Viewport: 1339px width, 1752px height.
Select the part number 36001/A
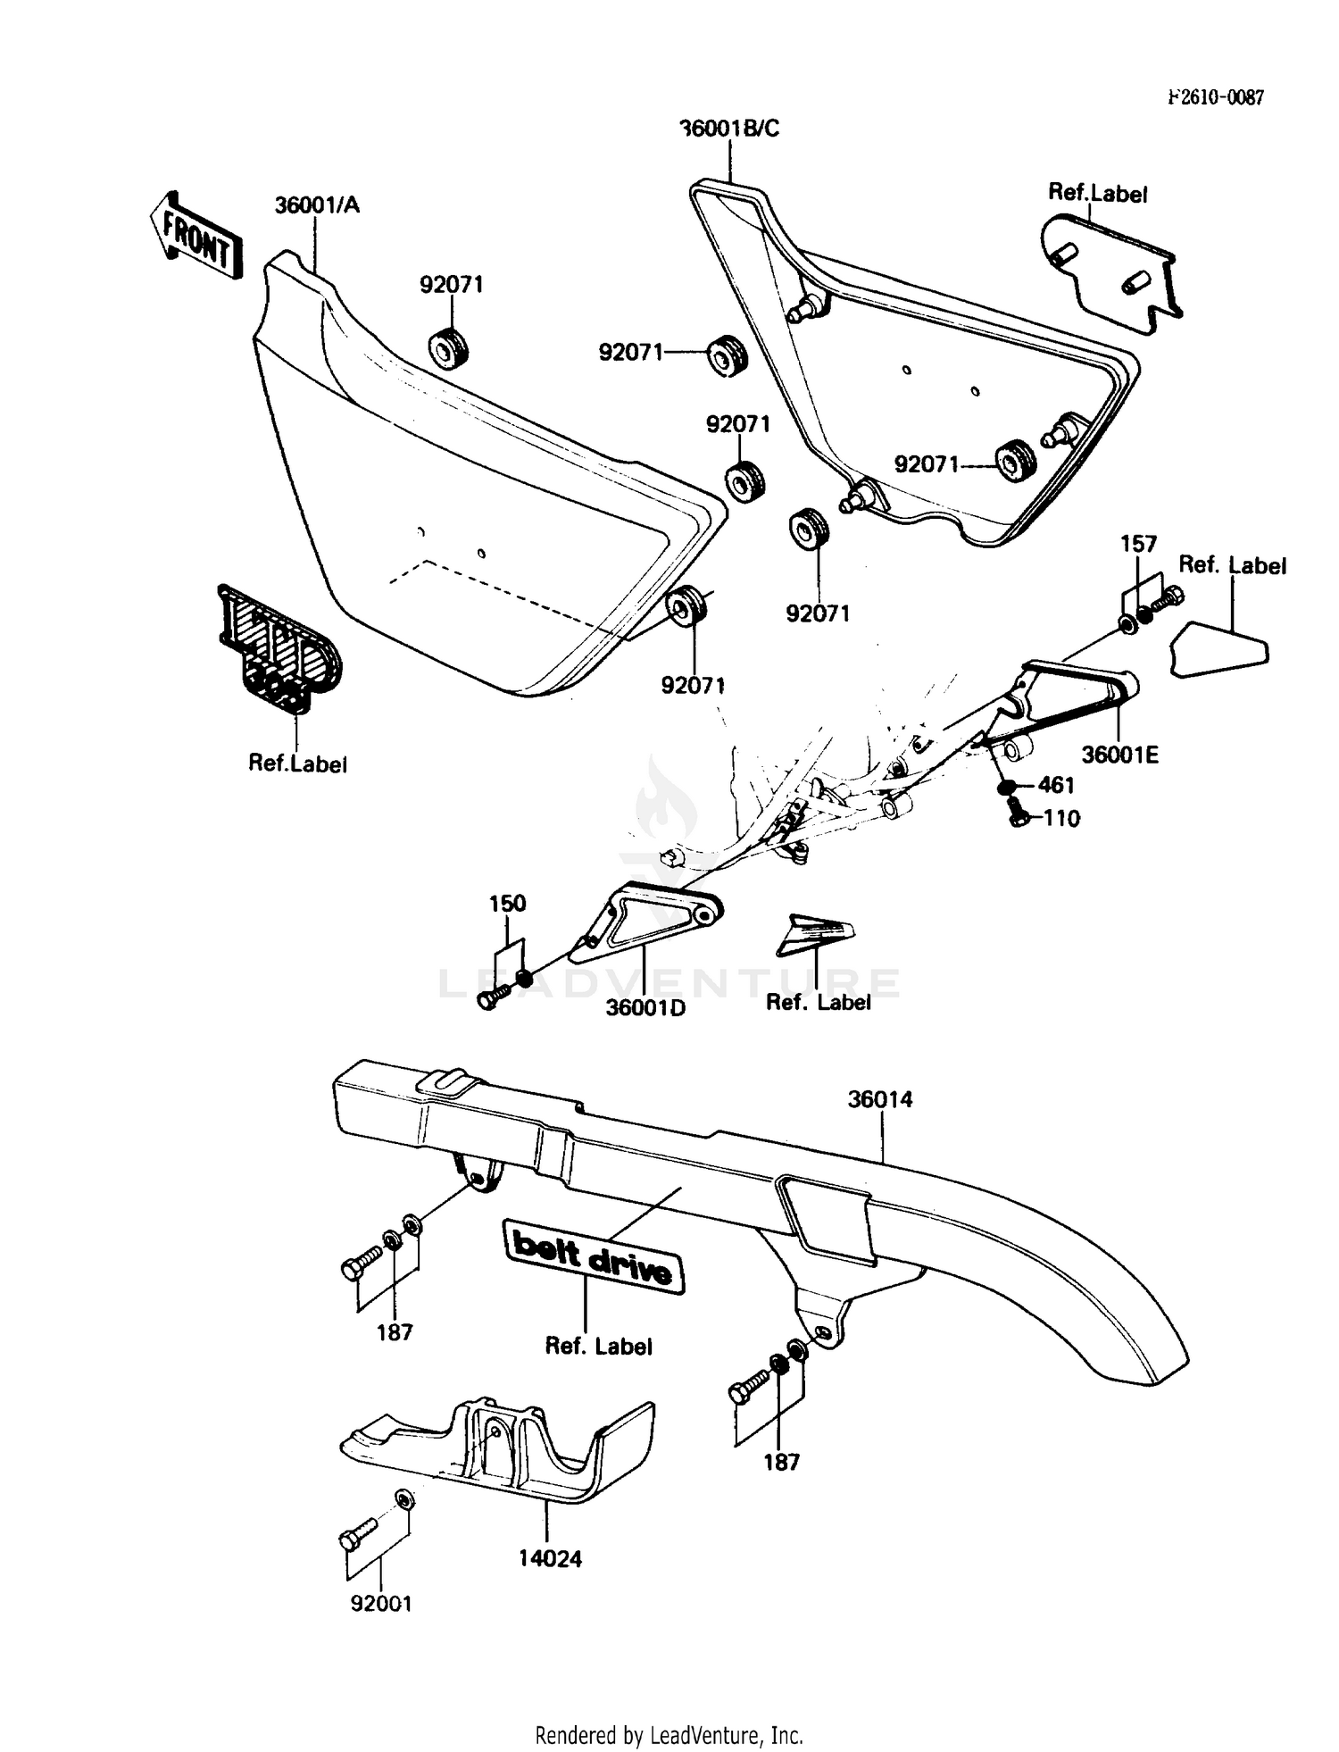(316, 205)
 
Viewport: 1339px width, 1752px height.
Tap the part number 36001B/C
(729, 129)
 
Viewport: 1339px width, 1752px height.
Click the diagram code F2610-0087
(1216, 98)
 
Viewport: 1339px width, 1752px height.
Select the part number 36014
(879, 1099)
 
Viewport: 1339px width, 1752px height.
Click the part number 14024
(550, 1559)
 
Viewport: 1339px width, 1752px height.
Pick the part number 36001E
(1119, 755)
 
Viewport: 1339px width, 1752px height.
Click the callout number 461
(1056, 786)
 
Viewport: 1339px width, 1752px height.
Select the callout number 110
(1061, 818)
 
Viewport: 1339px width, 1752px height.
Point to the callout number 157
(1138, 544)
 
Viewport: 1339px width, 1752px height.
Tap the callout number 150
(507, 904)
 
